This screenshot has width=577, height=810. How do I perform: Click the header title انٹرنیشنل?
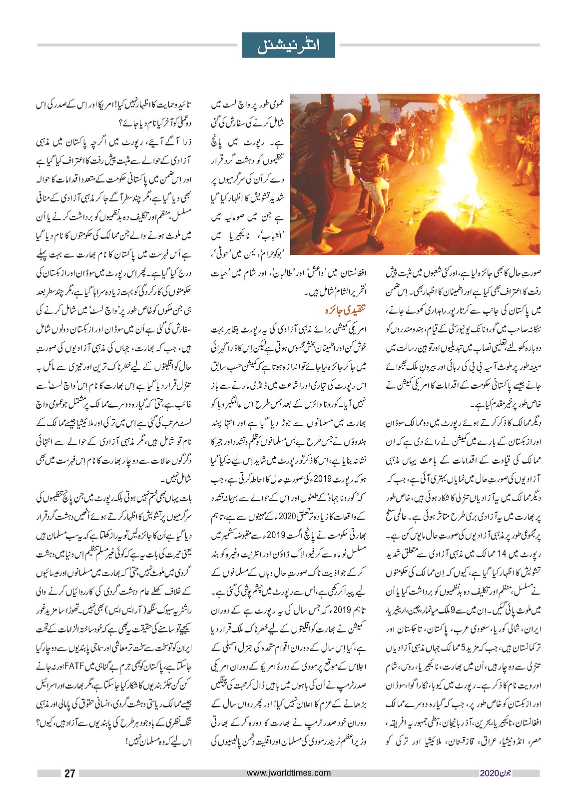click(x=288, y=45)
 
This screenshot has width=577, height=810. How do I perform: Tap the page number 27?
click(x=69, y=773)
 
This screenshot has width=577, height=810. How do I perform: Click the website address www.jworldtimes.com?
click(x=288, y=773)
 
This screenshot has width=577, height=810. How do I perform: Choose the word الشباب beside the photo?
click(x=274, y=235)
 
